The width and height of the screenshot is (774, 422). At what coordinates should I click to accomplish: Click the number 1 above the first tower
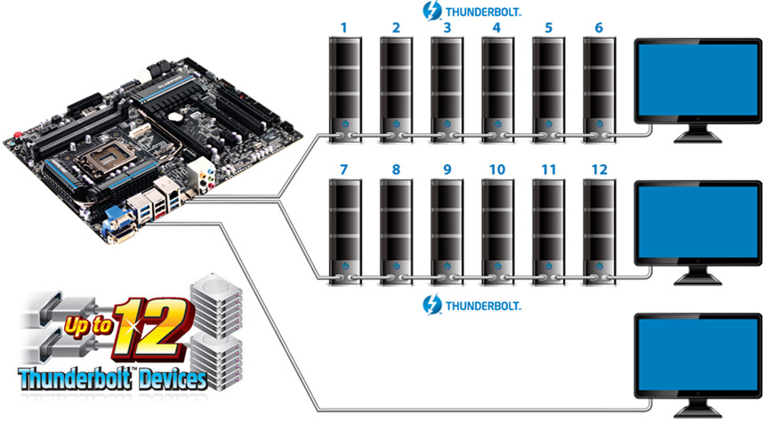point(344,28)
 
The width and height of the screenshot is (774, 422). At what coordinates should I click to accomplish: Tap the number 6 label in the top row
point(598,28)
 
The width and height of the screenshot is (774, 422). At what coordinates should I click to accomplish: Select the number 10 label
point(496,169)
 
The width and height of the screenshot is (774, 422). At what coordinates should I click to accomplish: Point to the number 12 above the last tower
point(598,169)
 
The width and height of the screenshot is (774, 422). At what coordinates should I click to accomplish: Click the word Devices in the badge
point(165,378)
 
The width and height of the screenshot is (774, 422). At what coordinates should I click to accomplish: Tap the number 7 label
point(344,169)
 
